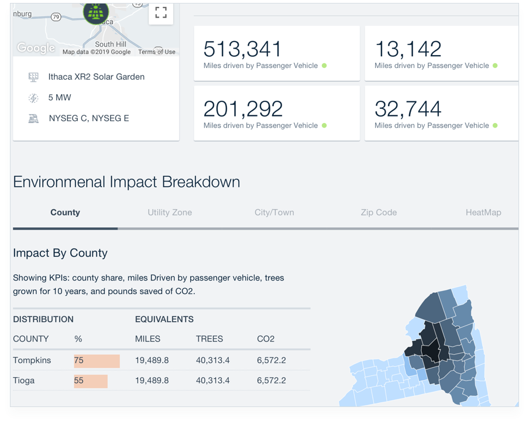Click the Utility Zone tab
(170, 213)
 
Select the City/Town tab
(274, 213)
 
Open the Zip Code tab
(379, 213)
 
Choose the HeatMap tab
(483, 213)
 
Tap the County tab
(65, 213)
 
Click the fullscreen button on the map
(161, 13)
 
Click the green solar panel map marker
(96, 13)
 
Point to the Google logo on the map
(36, 48)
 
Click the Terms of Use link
(157, 52)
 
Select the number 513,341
(242, 49)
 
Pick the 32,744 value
(407, 109)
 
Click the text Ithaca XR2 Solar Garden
(96, 77)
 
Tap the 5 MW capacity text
(60, 98)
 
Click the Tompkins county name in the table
(32, 360)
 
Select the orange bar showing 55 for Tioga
(91, 381)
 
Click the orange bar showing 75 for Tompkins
(97, 361)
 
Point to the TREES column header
(209, 339)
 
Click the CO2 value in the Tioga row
(272, 381)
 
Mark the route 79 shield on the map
(56, 17)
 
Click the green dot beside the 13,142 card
(495, 66)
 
